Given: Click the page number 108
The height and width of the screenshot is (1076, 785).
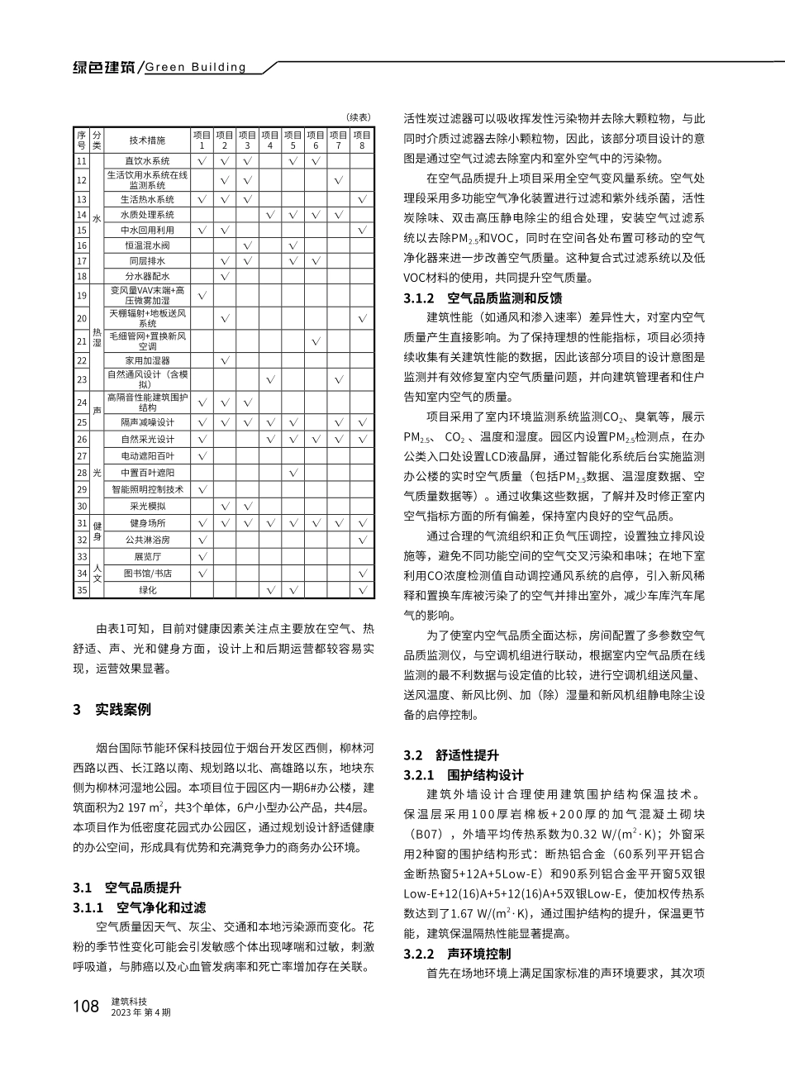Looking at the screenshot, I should click(x=86, y=1006).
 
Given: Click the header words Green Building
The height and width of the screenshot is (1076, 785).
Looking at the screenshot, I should click(x=195, y=67).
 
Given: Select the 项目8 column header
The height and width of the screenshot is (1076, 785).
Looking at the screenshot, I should click(x=362, y=139).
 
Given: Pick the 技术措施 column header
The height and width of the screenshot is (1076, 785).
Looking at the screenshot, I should click(x=147, y=140).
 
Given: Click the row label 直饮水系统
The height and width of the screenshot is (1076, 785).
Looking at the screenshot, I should click(x=147, y=161).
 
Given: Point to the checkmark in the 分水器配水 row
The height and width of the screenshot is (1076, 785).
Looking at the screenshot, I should click(x=224, y=276).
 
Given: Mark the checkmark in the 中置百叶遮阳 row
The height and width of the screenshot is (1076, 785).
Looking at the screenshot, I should click(x=293, y=472).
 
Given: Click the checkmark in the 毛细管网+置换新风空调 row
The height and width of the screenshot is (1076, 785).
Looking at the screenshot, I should click(x=316, y=340).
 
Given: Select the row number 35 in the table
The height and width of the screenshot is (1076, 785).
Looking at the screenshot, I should click(x=81, y=590).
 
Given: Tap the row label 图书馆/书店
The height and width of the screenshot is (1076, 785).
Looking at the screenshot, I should click(x=147, y=573).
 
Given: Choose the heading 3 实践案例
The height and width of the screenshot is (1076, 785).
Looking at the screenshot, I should click(x=112, y=710).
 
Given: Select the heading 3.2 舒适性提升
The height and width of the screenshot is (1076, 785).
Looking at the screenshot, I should click(x=451, y=755).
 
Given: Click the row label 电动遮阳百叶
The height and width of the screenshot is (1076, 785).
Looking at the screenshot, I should click(x=147, y=455).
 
